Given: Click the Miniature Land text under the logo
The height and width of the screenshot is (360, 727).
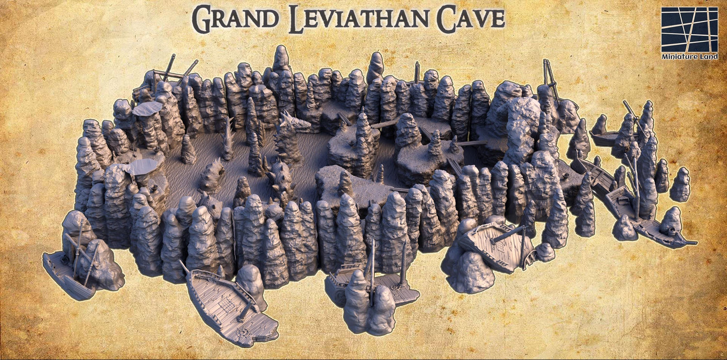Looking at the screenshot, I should coord(689,57).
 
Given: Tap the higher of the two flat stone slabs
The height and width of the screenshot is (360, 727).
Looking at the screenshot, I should coord(147,108).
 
